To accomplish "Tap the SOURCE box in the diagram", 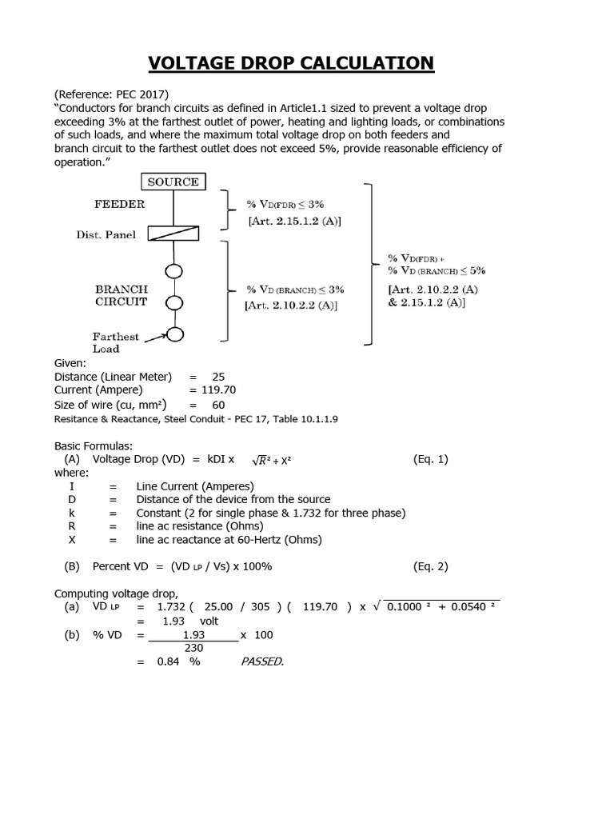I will tap(173, 182).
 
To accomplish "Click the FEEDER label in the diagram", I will tap(120, 204).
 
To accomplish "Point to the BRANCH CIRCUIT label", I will tap(122, 295).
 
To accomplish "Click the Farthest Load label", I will tap(115, 342).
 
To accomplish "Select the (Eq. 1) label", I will tap(431, 459).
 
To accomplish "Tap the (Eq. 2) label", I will tap(431, 566).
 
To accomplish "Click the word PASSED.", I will tap(262, 661).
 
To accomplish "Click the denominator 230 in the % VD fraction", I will tap(193, 648).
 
